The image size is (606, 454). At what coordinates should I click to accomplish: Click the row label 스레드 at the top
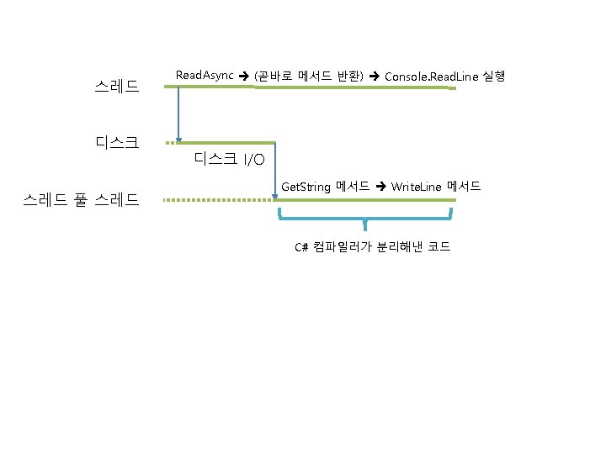117,86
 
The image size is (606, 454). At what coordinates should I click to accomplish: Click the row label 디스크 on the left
117,142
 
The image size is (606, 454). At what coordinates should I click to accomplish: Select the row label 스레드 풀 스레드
82,200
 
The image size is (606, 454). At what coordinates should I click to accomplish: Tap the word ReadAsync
205,76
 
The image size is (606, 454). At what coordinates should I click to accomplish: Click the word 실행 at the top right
494,76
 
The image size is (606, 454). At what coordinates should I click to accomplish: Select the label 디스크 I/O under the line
229,159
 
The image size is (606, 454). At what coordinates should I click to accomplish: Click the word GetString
306,186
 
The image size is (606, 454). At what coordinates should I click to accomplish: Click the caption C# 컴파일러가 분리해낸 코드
371,246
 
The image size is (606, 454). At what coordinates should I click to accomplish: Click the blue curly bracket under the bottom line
365,222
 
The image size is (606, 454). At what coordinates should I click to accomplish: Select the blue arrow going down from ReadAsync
178,113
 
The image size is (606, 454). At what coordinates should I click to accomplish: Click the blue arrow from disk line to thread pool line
275,172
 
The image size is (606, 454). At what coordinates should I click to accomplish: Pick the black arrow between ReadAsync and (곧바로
244,77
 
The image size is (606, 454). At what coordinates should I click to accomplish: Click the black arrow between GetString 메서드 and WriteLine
380,186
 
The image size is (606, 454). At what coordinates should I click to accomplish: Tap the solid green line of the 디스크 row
227,143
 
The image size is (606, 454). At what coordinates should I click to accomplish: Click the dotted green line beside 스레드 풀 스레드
219,200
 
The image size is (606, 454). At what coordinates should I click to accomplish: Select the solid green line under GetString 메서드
366,200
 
